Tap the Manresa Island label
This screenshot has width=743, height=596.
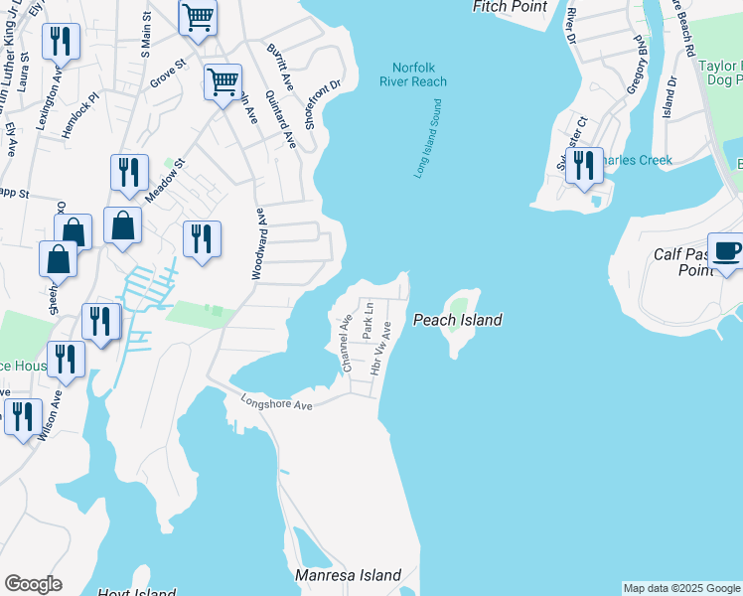tap(349, 575)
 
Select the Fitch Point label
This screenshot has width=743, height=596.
tap(511, 7)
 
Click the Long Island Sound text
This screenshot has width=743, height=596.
tap(427, 139)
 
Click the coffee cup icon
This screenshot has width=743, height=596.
tap(725, 250)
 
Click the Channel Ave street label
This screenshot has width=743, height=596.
tap(347, 343)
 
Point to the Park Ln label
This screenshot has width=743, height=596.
tap(368, 321)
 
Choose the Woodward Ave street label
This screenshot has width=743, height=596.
tap(258, 243)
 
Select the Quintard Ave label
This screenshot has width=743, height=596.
tap(281, 119)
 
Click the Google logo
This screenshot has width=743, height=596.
tap(33, 584)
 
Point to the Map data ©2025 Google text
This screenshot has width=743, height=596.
tap(681, 588)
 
